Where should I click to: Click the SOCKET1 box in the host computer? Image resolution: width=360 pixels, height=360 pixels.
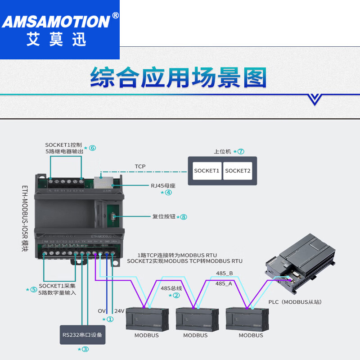(207, 171)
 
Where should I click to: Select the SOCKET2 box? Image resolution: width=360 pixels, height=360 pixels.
(238, 171)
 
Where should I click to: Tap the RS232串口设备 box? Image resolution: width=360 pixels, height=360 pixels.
(83, 334)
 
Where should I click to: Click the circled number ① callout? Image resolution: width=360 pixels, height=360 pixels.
(110, 319)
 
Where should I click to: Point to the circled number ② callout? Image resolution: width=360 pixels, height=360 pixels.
(176, 296)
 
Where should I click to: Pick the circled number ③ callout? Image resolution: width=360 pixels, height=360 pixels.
(85, 349)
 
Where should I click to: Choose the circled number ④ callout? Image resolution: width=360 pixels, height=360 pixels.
(168, 192)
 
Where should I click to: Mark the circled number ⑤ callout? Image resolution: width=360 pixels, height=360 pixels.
(33, 289)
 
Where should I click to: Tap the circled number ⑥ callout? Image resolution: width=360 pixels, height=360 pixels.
(93, 148)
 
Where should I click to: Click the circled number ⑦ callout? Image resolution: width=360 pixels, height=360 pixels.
(241, 152)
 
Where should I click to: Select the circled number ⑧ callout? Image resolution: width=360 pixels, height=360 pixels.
(184, 217)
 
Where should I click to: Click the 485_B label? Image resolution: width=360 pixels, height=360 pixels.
(224, 273)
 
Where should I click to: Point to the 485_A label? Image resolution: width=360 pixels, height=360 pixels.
(224, 283)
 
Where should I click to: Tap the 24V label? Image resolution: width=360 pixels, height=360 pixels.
(119, 311)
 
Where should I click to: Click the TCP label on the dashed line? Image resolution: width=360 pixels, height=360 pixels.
(140, 166)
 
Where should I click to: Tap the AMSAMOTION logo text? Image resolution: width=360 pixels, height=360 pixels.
(56, 21)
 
